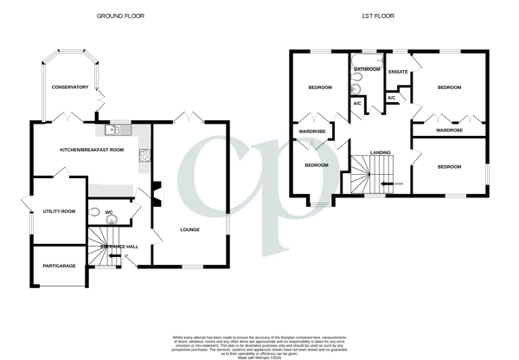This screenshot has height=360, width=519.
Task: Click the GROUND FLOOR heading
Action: [x=120, y=16]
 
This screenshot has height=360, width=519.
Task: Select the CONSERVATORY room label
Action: [x=70, y=87]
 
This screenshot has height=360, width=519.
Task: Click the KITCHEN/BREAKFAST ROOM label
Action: [x=92, y=150]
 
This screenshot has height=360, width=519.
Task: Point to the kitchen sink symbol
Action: [x=116, y=131]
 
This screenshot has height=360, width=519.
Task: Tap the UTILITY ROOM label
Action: [x=60, y=211]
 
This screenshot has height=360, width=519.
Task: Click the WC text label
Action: [x=110, y=212]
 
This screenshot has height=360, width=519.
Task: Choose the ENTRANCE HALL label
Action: [x=119, y=247]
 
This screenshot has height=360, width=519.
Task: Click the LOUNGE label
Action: [x=190, y=229]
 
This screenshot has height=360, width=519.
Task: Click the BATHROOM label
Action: [x=367, y=68]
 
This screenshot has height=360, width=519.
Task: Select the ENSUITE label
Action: [x=398, y=72]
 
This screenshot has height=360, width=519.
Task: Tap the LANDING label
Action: [x=380, y=152]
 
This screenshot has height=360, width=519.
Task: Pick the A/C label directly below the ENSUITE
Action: [x=391, y=98]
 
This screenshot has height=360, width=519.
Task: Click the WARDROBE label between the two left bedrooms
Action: [x=311, y=132]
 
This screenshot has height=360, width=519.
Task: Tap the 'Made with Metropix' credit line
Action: [x=259, y=347]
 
